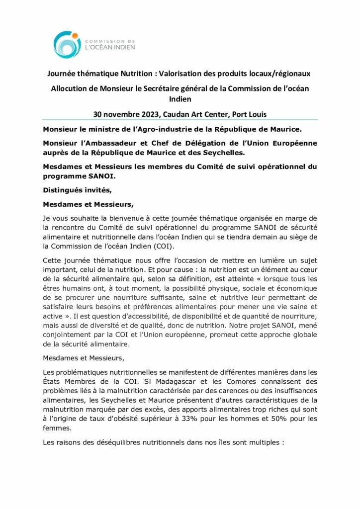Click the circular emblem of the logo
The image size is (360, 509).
67,44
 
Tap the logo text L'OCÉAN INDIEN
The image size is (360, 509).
110,48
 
